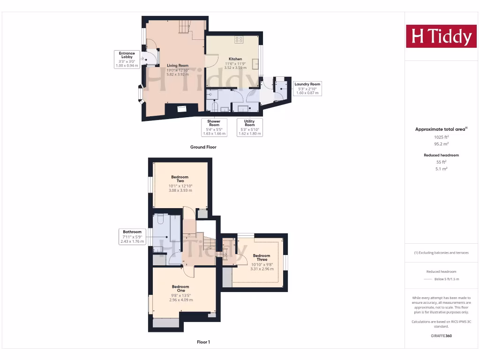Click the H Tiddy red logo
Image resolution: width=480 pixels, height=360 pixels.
(x=441, y=36)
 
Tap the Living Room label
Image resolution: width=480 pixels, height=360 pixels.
(x=178, y=66)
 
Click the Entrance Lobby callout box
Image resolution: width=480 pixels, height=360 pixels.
(x=127, y=60)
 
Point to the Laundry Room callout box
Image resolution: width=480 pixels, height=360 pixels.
(x=307, y=88)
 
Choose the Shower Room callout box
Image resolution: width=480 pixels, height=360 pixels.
(x=214, y=127)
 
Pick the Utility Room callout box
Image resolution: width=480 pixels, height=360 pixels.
(x=249, y=127)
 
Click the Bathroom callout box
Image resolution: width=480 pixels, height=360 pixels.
(x=132, y=236)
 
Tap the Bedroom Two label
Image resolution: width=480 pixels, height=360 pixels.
(x=180, y=179)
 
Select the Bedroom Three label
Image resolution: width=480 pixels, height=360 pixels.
(x=262, y=257)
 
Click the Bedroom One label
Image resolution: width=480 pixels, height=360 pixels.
(x=180, y=289)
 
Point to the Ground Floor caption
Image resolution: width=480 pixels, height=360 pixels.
(x=203, y=147)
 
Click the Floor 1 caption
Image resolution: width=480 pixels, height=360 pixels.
(x=203, y=342)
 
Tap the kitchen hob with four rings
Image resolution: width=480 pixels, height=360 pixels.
(x=239, y=39)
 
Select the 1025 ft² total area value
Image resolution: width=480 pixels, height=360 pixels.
(x=441, y=137)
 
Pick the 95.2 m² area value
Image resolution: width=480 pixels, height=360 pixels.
(x=441, y=144)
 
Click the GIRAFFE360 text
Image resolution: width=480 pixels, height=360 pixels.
(x=441, y=336)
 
